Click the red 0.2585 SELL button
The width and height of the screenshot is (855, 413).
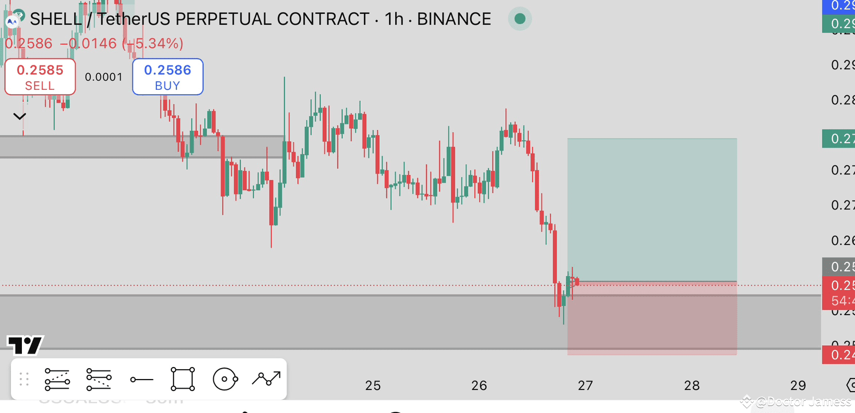pyautogui.click(x=40, y=77)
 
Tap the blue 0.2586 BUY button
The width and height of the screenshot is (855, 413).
pyautogui.click(x=167, y=77)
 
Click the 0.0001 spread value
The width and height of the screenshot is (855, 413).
pyautogui.click(x=104, y=77)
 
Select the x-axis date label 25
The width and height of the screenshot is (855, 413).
pyautogui.click(x=373, y=386)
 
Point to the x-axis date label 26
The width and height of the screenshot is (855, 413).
pyautogui.click(x=479, y=386)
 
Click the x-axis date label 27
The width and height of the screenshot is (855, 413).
pyautogui.click(x=585, y=386)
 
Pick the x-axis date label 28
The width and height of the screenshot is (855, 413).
pyautogui.click(x=692, y=386)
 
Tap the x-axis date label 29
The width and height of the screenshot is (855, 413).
pyautogui.click(x=798, y=386)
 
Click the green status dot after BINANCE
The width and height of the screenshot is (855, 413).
pyautogui.click(x=520, y=19)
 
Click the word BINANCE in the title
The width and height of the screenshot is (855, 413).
pyautogui.click(x=454, y=19)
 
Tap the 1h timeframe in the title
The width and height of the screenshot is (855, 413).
pyautogui.click(x=394, y=19)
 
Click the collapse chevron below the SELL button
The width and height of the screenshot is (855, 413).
pyautogui.click(x=19, y=117)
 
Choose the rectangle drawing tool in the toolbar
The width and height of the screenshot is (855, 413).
pyautogui.click(x=183, y=380)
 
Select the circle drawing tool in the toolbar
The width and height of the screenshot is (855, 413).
pyautogui.click(x=225, y=380)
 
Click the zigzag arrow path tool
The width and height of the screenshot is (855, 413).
pyautogui.click(x=267, y=379)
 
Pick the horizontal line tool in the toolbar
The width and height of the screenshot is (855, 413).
pyautogui.click(x=142, y=380)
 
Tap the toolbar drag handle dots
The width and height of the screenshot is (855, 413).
pyautogui.click(x=24, y=380)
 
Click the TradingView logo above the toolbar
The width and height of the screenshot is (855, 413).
pyautogui.click(x=25, y=345)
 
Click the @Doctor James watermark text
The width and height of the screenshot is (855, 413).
pyautogui.click(x=803, y=402)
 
